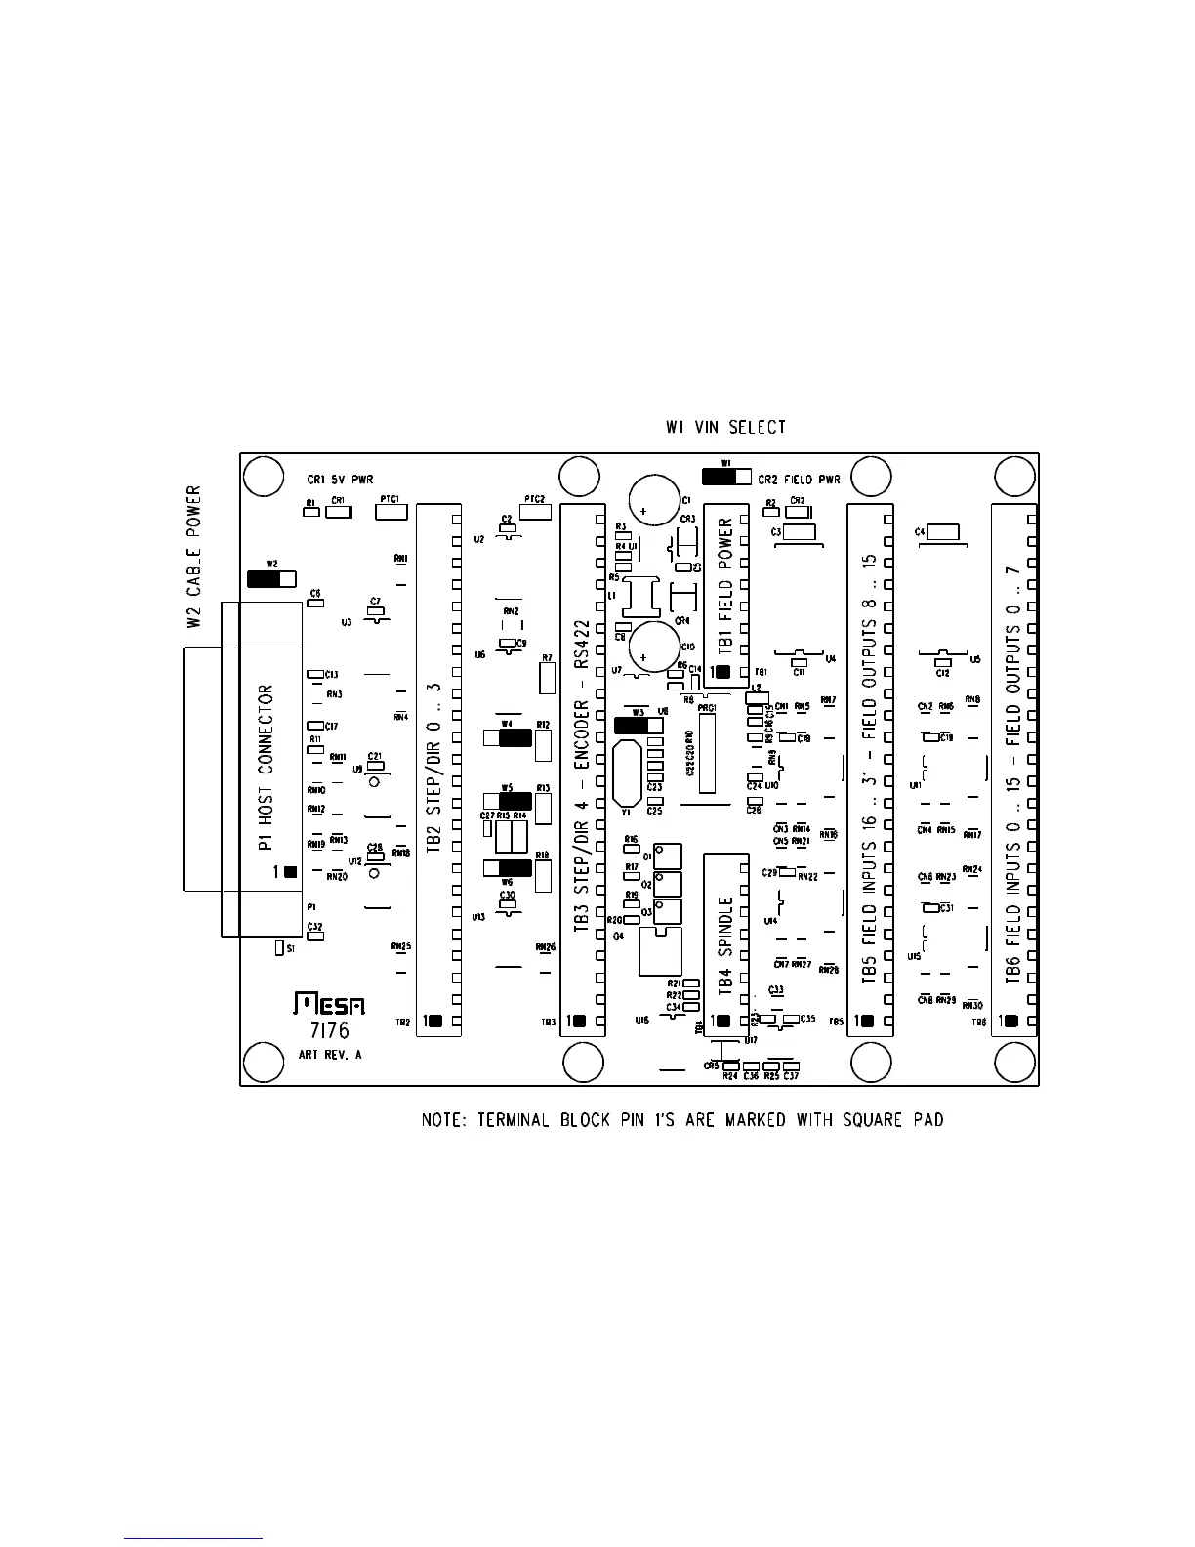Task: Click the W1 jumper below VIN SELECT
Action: pyautogui.click(x=726, y=477)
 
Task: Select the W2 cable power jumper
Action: pyautogui.click(x=271, y=578)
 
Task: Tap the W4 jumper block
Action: pyautogui.click(x=507, y=737)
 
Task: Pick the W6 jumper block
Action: pyautogui.click(x=507, y=868)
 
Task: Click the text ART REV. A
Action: pyautogui.click(x=330, y=1055)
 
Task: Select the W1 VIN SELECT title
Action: pyautogui.click(x=724, y=427)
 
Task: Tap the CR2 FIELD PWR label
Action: pyautogui.click(x=799, y=480)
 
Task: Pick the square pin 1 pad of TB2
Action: pyautogui.click(x=434, y=1022)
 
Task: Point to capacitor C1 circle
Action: pyautogui.click(x=653, y=500)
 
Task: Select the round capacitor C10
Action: pyautogui.click(x=653, y=647)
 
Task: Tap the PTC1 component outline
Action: pyautogui.click(x=391, y=511)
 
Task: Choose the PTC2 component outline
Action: pyautogui.click(x=535, y=511)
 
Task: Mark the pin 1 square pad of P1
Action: pyautogui.click(x=290, y=871)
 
